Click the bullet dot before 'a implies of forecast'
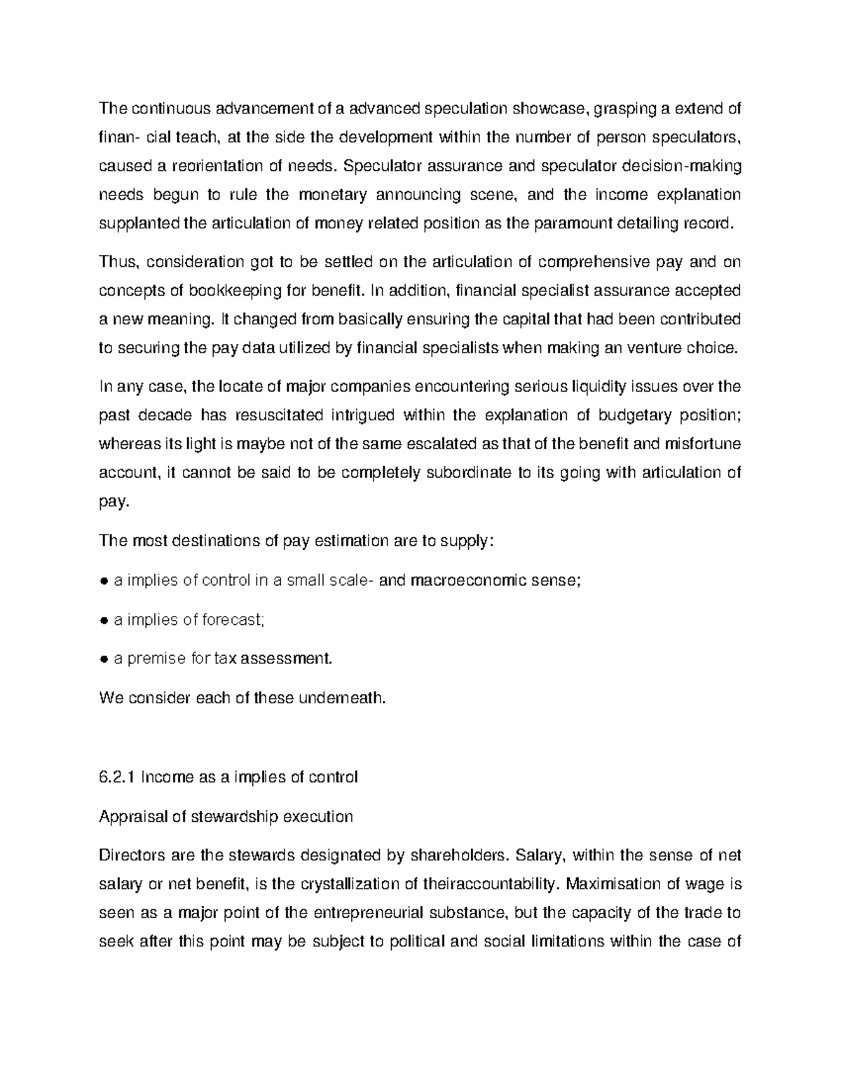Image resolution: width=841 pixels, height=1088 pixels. (103, 620)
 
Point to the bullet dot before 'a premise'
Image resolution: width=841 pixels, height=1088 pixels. (103, 659)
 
